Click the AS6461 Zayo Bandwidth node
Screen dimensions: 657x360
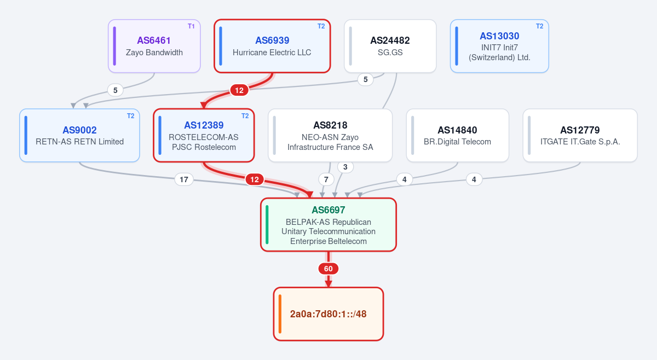(154, 46)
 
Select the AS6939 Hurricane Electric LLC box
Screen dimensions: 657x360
(272, 46)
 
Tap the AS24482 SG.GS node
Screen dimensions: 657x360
(390, 46)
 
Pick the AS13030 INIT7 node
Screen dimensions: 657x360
(499, 46)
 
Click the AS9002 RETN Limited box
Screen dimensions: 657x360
(79, 135)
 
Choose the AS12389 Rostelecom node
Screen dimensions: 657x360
(204, 135)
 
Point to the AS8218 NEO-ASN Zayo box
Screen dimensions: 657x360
(330, 135)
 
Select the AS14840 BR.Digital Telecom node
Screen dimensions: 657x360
(458, 135)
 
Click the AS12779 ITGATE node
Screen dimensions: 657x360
(580, 135)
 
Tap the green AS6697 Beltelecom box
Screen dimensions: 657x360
(328, 224)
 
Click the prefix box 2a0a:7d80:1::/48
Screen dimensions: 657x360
(328, 314)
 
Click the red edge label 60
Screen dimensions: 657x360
(328, 269)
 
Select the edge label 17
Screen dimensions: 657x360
(184, 179)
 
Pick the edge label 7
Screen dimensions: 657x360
(326, 179)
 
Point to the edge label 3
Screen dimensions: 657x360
(345, 167)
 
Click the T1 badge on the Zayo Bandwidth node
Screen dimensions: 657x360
(191, 26)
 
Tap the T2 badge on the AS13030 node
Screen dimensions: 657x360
(540, 26)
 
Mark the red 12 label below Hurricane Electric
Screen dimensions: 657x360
(239, 90)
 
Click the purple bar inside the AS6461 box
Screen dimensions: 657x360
(114, 46)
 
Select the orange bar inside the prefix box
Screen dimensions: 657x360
(280, 314)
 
